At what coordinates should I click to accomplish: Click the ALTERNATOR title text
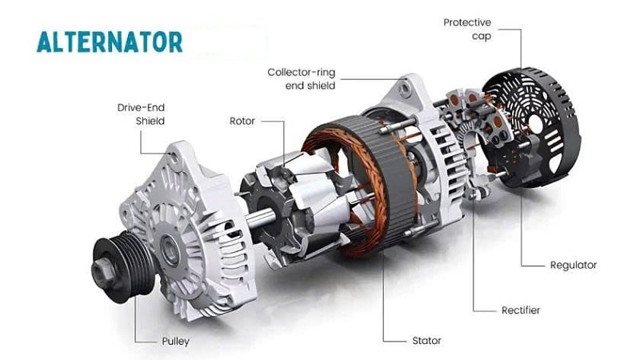point(110,42)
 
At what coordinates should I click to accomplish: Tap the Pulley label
point(175,342)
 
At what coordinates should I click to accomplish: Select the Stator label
point(426,341)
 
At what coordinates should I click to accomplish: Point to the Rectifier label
point(521,310)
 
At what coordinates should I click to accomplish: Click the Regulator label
point(573,265)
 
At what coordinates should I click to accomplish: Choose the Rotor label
point(242,121)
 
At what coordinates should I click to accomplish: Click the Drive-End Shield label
point(141,114)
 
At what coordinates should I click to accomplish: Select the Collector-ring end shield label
point(302,78)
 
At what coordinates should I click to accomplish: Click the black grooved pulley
point(122,266)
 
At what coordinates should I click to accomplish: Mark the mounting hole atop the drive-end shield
point(174,157)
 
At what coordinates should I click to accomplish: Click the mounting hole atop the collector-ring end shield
point(404,88)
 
